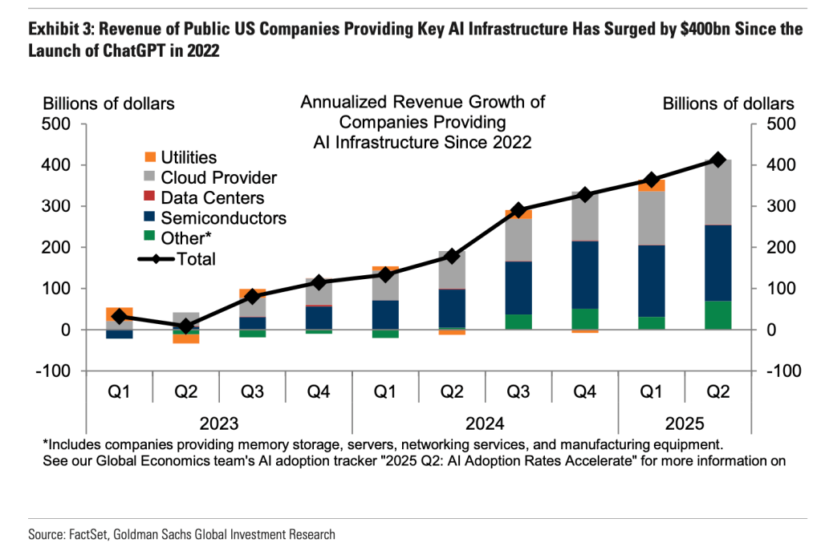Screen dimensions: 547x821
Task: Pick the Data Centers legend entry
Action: (x=212, y=197)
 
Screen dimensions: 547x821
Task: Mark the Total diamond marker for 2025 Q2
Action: (x=718, y=160)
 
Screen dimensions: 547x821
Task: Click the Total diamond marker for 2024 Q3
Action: (x=518, y=211)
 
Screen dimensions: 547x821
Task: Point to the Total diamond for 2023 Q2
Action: (x=186, y=326)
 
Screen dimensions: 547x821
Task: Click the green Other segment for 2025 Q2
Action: (x=718, y=315)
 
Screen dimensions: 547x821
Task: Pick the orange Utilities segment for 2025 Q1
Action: (x=652, y=185)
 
